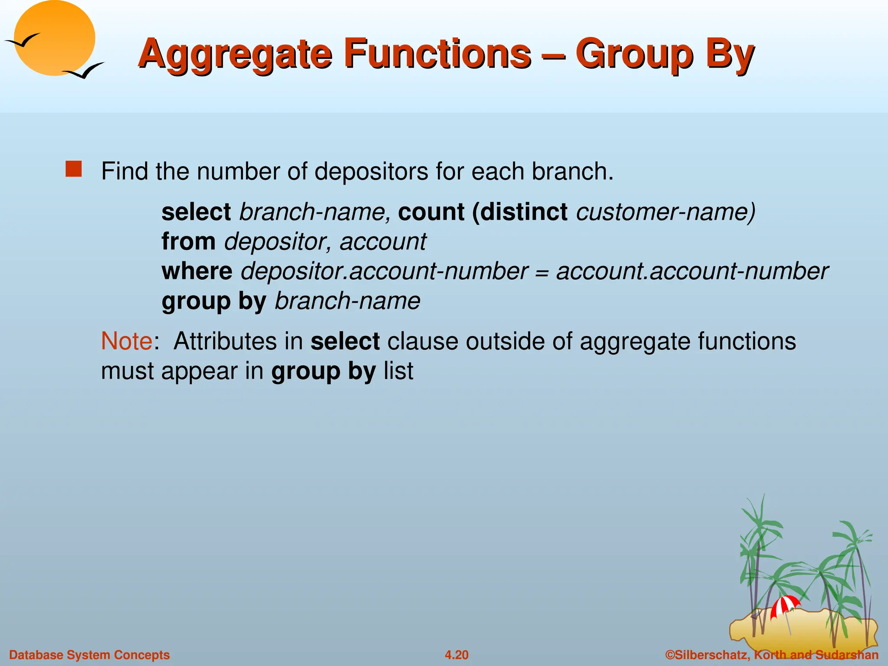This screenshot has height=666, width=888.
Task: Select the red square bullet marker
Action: click(74, 169)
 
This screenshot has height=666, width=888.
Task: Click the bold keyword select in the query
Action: click(196, 212)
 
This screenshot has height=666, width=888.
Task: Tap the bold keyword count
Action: click(431, 212)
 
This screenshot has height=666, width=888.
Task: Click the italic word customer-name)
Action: click(666, 212)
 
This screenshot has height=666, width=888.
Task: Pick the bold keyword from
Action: click(188, 242)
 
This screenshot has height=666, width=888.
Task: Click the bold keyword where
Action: click(197, 271)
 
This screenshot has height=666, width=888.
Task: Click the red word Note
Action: click(126, 341)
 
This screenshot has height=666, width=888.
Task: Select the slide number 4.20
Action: click(457, 655)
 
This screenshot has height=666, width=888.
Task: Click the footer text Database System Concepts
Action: click(89, 655)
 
